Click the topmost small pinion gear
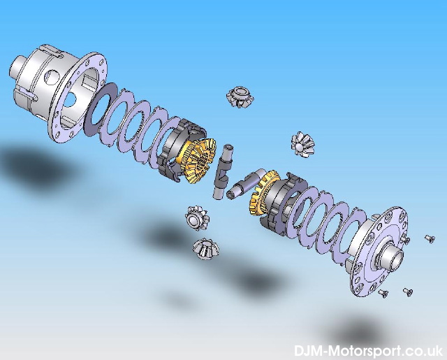(240, 97)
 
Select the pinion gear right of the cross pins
(302, 144)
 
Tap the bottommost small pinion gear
(205, 249)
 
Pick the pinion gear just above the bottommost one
(197, 218)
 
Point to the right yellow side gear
(261, 194)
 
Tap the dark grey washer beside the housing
(101, 110)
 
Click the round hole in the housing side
(51, 78)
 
